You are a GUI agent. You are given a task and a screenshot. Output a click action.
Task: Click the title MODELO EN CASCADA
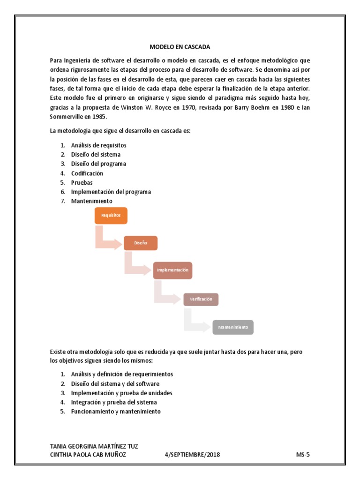(x=180, y=47)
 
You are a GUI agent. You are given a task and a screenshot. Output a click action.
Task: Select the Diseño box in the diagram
(x=141, y=243)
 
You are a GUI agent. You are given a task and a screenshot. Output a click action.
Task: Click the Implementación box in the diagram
(x=172, y=270)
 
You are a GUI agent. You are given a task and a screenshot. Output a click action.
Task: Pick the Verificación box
(x=201, y=299)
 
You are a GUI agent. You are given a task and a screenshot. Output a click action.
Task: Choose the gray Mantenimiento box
(x=233, y=327)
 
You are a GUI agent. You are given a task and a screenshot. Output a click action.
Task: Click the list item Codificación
(x=87, y=173)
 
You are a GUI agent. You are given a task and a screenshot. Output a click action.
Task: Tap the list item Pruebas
(x=82, y=182)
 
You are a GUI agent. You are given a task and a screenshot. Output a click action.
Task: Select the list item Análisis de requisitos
(x=98, y=145)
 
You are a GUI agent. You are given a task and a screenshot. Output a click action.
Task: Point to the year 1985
(x=100, y=117)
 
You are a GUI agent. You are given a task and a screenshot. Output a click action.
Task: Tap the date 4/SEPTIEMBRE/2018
(x=193, y=455)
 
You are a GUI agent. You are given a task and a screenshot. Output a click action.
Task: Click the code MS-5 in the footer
(x=303, y=455)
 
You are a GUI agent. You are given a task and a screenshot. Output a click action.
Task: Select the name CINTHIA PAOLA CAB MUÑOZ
(x=88, y=455)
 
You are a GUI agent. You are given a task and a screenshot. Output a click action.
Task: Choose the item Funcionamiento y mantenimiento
(x=116, y=411)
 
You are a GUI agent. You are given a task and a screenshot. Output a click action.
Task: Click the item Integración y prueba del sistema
(x=114, y=402)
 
